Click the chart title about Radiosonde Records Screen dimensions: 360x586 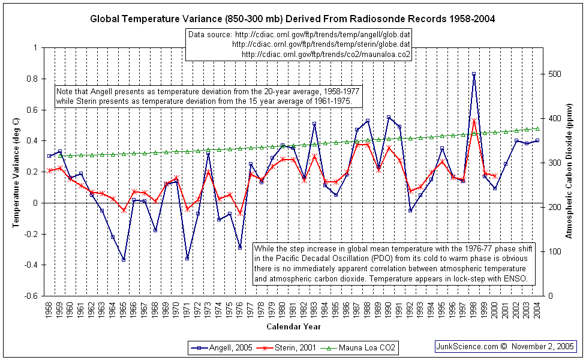coord(292,19)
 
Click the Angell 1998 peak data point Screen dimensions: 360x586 coord(474,74)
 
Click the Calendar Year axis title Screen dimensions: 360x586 coord(293,327)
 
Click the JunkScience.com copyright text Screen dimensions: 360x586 coord(505,346)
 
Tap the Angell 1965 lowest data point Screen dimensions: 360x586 coord(124,259)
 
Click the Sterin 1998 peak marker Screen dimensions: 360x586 coord(474,122)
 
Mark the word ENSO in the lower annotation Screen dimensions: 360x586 coord(515,279)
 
